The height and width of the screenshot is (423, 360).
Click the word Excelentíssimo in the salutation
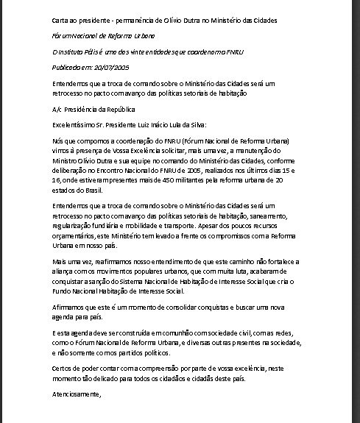(76, 124)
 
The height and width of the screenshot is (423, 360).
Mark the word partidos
(138, 352)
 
